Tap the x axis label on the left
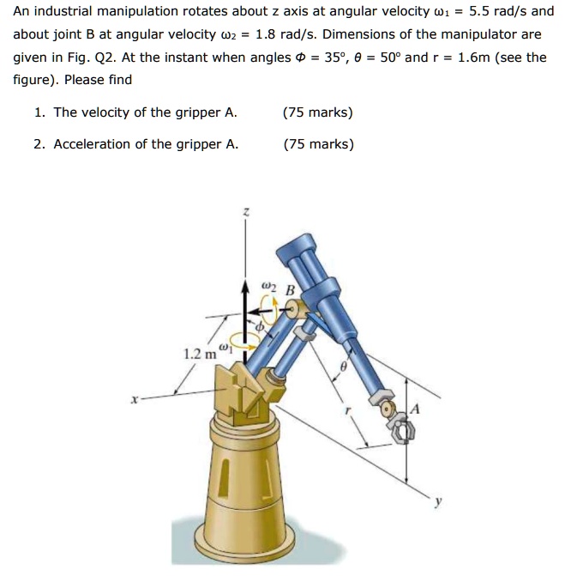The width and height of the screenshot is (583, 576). point(135,399)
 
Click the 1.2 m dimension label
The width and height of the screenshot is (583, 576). point(199,353)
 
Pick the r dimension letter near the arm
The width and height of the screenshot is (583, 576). point(348,410)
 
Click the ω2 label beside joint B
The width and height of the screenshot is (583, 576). point(267,286)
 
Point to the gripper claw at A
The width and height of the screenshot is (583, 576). point(400,426)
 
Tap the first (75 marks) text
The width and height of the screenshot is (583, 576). point(317,113)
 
